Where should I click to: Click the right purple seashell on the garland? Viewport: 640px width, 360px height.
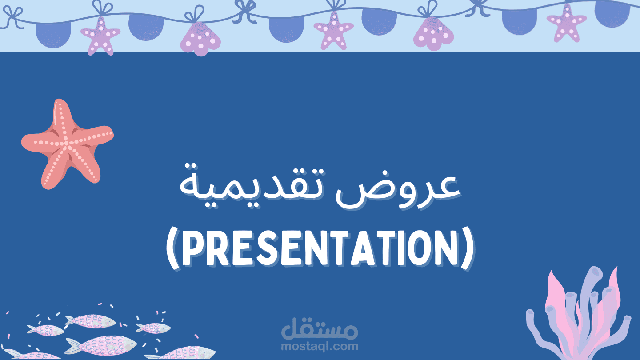[433, 32]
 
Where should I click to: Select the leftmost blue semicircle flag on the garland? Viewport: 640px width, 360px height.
[53, 33]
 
